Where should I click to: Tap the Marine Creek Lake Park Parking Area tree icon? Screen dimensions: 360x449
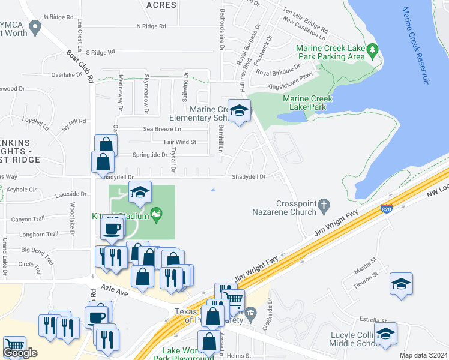373,50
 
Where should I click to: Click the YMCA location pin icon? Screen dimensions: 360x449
35,26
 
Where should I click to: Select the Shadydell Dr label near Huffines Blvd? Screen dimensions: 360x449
249,177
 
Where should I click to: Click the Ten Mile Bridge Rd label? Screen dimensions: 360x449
306,21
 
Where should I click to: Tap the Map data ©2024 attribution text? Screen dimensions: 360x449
423,355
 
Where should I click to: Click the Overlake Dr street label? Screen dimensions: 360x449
66,75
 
